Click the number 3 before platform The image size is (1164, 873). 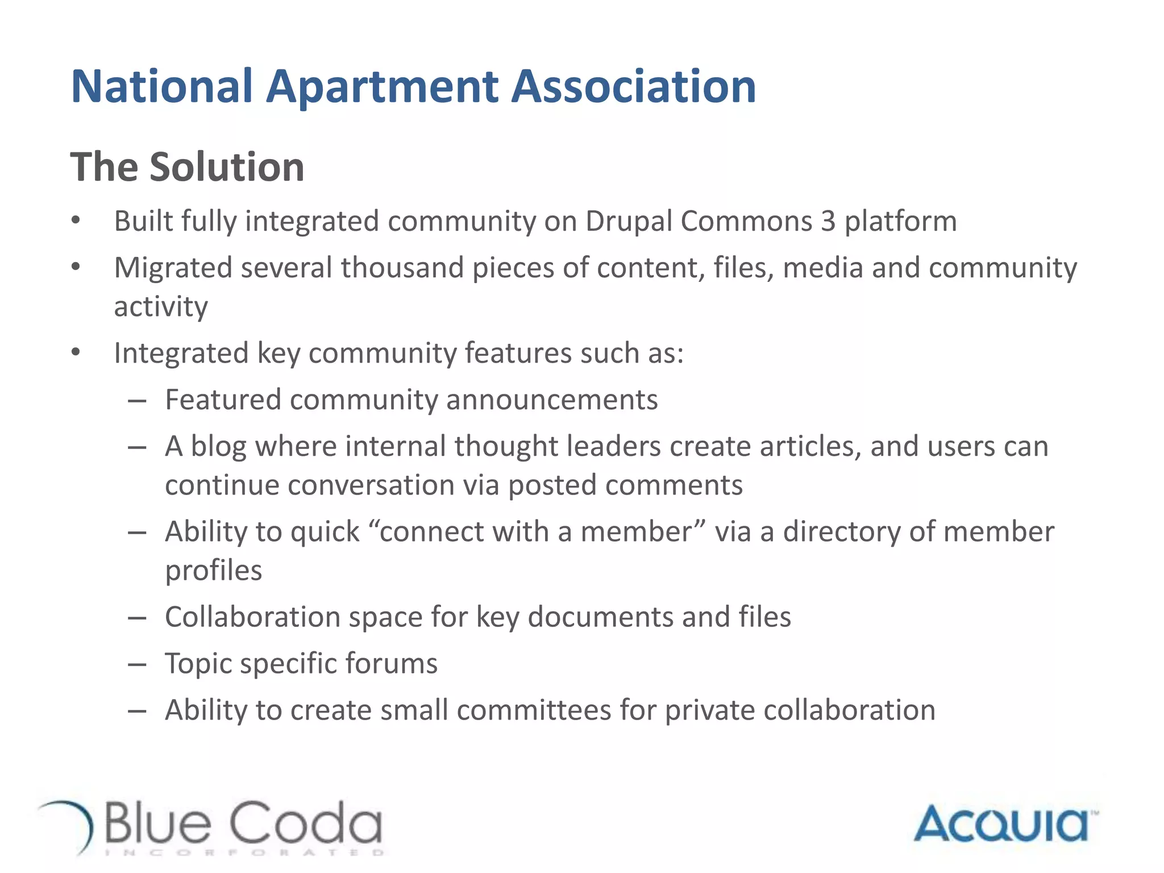point(828,222)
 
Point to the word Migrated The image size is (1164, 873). point(173,268)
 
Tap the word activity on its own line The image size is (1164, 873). point(161,307)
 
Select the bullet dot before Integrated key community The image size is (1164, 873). point(76,353)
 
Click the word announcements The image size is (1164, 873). point(552,400)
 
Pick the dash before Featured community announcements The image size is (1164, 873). point(138,401)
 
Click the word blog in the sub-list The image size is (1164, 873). point(218,447)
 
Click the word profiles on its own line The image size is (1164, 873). point(213,571)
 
